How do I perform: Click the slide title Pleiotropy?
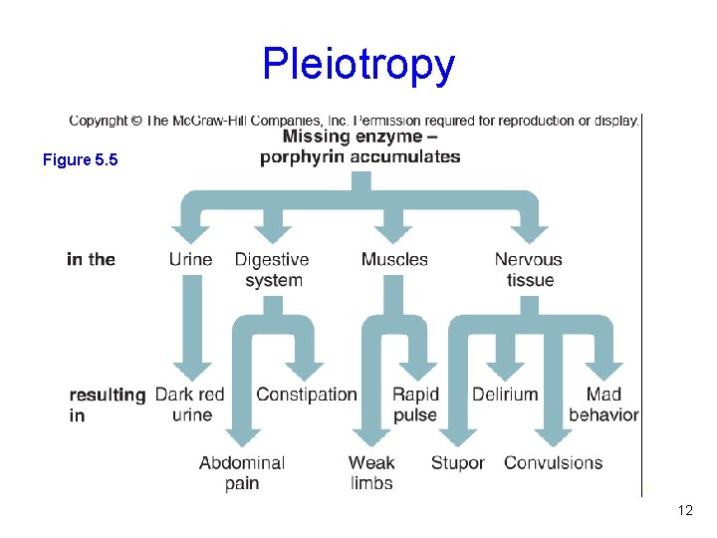(358, 65)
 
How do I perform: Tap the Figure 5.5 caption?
(81, 159)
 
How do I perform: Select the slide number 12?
(684, 510)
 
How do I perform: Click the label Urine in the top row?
(190, 259)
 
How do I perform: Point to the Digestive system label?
(273, 269)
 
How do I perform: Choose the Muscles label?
(394, 259)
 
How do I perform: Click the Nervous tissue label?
(529, 269)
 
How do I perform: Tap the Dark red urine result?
(190, 404)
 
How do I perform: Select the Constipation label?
(306, 395)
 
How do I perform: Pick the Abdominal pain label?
(242, 472)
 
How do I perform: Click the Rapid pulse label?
(415, 404)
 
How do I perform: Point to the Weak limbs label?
(371, 472)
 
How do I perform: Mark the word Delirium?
(505, 395)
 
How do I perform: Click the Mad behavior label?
(603, 404)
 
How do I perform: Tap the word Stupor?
(458, 462)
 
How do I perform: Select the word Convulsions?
(554, 462)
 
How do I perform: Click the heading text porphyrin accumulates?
(360, 156)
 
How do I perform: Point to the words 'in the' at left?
(92, 259)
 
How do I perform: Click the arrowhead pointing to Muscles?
(394, 235)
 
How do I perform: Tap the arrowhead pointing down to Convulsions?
(554, 436)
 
